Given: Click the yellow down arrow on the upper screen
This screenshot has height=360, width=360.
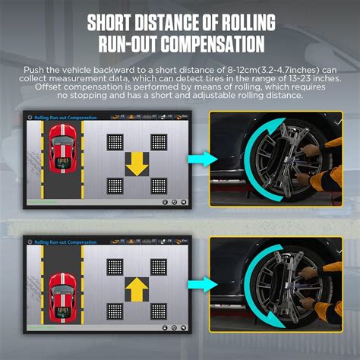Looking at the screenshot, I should click(136, 163).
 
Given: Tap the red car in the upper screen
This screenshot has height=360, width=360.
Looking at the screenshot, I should click(61, 156).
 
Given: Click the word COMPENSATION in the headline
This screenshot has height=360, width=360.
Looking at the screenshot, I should click(212, 43).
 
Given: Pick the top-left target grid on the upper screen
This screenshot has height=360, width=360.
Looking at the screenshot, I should click(114, 141).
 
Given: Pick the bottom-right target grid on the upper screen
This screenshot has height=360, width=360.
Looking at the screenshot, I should click(159, 185).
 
